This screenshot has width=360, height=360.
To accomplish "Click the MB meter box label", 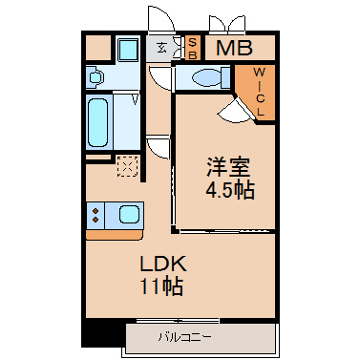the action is point(234,48).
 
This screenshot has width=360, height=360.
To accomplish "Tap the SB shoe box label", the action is point(193,48).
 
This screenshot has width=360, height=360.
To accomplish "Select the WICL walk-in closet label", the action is point(260,92).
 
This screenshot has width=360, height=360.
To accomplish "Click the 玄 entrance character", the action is point(161,49).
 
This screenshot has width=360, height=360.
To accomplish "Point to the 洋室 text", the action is point(228,167).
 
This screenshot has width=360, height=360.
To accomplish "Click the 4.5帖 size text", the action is point(230,190).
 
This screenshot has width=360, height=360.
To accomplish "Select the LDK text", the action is point(163,264).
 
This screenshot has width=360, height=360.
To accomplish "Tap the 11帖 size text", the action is point(161,286).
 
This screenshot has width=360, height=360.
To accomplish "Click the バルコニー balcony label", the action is point(184,337).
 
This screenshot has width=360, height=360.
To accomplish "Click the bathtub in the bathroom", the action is point(97,122).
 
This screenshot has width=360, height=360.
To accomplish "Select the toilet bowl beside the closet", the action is point(207,77).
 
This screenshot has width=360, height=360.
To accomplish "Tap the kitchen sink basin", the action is point(129,214).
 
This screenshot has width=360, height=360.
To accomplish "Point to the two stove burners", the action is point(95,215).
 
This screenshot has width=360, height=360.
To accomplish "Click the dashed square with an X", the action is point(128,166).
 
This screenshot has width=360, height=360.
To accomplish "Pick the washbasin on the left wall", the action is point(95,77).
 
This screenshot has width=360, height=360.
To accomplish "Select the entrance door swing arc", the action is point(161,18).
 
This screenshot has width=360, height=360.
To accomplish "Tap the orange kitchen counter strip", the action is point(114,235).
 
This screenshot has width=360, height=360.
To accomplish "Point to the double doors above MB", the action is point(227,24).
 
